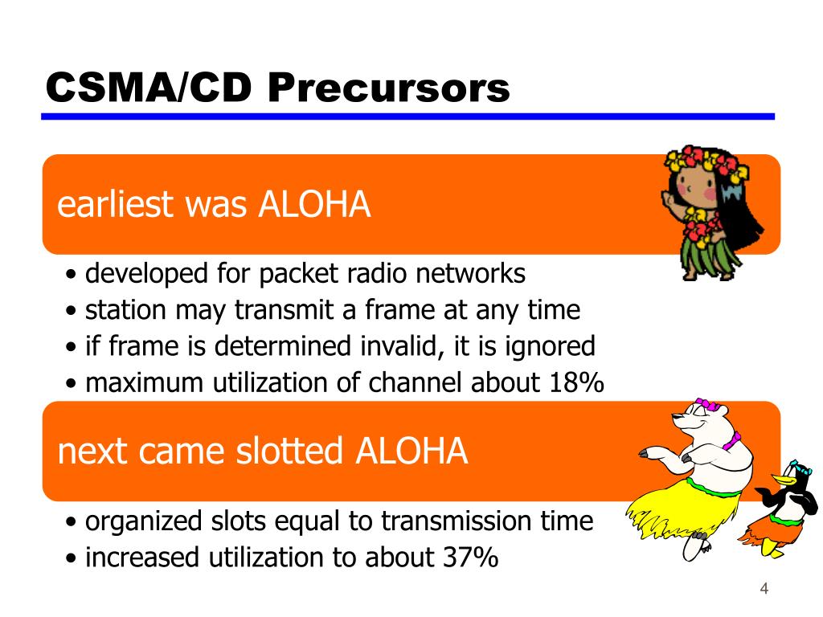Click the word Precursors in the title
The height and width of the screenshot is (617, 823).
tap(388, 87)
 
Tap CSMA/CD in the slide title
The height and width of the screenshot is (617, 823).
tap(149, 87)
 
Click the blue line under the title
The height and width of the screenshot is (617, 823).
tap(407, 116)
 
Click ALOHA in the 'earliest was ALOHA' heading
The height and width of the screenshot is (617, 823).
tap(314, 204)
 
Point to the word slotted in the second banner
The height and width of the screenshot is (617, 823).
tap(289, 451)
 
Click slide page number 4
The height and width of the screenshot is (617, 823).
tap(764, 588)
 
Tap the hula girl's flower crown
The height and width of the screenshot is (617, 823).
tap(706, 161)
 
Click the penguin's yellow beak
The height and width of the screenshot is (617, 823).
tap(783, 479)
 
